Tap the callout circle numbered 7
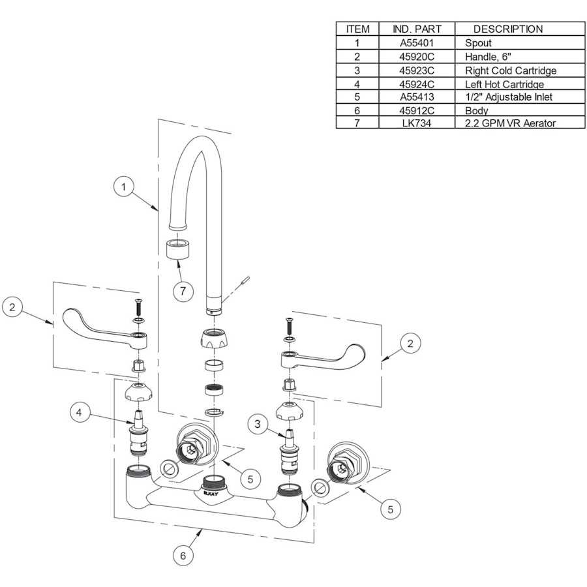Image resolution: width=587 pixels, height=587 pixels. tap(183, 290)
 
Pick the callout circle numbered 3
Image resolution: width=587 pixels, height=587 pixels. tap(259, 424)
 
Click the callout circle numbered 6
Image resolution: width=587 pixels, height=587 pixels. tap(183, 555)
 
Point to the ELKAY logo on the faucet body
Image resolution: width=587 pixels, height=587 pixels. tap(210, 494)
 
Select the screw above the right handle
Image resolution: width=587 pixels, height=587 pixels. tap(288, 324)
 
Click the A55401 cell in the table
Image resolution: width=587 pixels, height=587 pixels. tap(417, 43)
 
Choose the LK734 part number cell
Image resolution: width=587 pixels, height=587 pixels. tap(417, 123)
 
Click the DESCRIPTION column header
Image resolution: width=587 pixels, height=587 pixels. tap(507, 29)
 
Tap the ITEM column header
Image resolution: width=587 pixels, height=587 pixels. tap(357, 29)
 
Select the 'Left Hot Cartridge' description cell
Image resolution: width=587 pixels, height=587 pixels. tap(504, 84)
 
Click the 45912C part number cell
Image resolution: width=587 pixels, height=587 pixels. tap(417, 110)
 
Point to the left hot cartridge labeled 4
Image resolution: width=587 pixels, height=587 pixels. tap(138, 434)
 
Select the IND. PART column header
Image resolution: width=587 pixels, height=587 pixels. tap(417, 29)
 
